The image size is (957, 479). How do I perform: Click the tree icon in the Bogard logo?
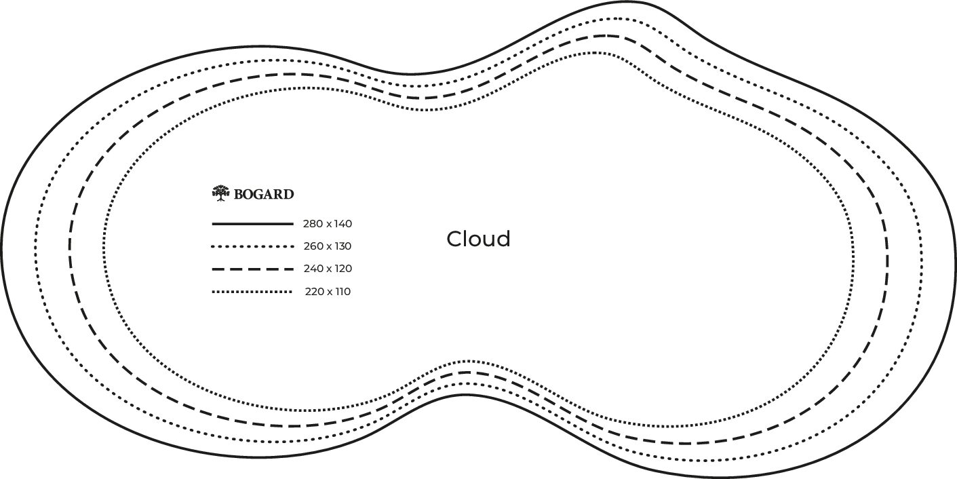click(220, 193)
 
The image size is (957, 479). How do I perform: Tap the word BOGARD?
click(264, 195)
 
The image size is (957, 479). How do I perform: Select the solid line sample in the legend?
click(252, 223)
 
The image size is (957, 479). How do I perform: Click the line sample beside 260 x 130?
click(252, 246)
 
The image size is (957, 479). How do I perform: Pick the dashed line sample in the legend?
click(252, 269)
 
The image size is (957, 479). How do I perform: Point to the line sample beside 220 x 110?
click(252, 292)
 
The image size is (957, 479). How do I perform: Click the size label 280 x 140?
click(328, 223)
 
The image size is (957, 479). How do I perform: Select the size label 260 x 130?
click(328, 246)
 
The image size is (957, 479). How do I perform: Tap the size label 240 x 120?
click(328, 269)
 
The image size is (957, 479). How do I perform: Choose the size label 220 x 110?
click(328, 292)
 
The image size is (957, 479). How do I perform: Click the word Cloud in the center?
click(478, 239)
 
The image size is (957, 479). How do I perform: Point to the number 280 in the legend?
click(313, 223)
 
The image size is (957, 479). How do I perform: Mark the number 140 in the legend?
click(343, 223)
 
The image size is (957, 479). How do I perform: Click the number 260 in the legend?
click(313, 246)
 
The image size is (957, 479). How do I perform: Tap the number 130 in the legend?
click(343, 246)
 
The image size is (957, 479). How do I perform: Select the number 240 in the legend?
click(313, 269)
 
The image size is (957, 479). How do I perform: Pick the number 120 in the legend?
click(343, 269)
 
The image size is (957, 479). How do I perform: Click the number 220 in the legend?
click(314, 292)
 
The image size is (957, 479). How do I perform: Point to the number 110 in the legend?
click(343, 292)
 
